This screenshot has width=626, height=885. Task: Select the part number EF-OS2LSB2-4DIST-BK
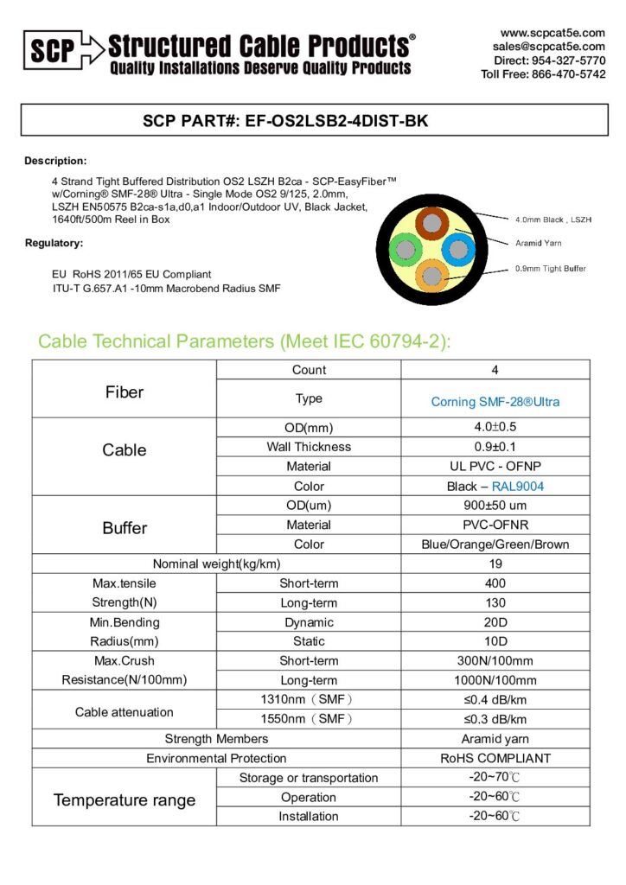[x=337, y=122]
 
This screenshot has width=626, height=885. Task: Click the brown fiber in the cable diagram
[x=429, y=223]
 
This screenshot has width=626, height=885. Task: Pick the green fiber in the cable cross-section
[x=404, y=251]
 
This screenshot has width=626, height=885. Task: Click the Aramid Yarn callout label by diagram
[x=538, y=244]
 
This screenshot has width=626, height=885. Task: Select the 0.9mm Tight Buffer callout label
[x=550, y=269]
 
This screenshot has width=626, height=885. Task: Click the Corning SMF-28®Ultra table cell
[x=495, y=402]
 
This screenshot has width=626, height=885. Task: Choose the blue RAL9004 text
[x=518, y=487]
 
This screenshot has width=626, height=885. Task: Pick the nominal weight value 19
[x=495, y=564]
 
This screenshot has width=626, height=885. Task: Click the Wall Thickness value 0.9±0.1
[x=495, y=447]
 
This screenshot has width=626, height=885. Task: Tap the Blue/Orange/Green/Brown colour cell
[x=495, y=544]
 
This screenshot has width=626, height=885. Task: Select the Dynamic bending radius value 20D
[x=495, y=622]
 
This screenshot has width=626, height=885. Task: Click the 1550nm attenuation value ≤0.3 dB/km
[x=495, y=719]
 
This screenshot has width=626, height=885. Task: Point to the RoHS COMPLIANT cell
[x=495, y=758]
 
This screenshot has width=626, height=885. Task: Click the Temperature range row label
[x=125, y=800]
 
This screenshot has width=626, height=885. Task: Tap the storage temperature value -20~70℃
[x=495, y=778]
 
